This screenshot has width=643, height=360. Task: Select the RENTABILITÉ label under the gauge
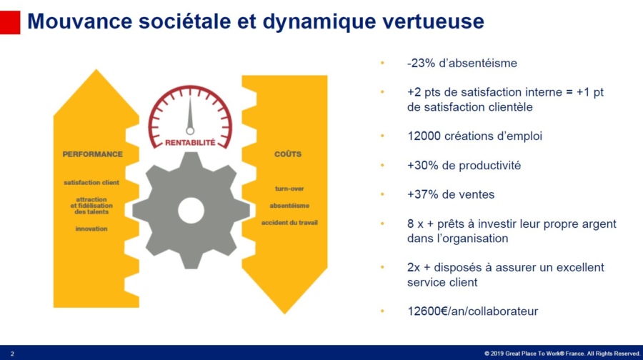pyautogui.click(x=190, y=142)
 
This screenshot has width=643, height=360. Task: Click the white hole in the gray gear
pyautogui.click(x=191, y=210)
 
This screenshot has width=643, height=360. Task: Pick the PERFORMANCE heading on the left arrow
pyautogui.click(x=92, y=154)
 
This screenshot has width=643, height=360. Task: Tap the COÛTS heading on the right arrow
pyautogui.click(x=287, y=154)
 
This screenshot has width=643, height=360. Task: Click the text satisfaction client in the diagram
pyautogui.click(x=91, y=182)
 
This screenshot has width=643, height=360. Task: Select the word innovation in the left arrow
pyautogui.click(x=91, y=229)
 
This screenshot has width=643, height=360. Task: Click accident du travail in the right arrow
pyautogui.click(x=289, y=222)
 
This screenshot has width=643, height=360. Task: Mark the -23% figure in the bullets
pyautogui.click(x=420, y=63)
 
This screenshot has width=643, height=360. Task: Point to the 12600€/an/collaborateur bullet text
pyautogui.click(x=472, y=311)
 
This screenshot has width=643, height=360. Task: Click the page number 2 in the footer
pyautogui.click(x=12, y=354)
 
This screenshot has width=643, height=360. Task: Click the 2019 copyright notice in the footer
pyautogui.click(x=562, y=354)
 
